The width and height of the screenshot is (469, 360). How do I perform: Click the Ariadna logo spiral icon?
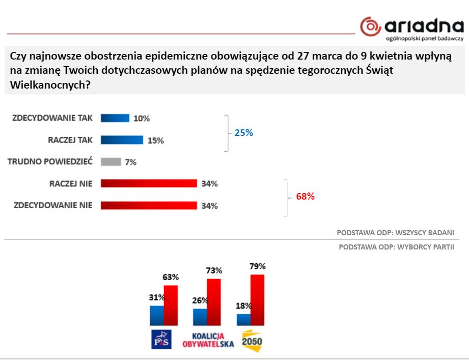pyautogui.click(x=370, y=26)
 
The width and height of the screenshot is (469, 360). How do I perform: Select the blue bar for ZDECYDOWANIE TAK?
pyautogui.click(x=115, y=118)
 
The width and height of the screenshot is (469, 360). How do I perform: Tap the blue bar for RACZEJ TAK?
pyautogui.click(x=122, y=140)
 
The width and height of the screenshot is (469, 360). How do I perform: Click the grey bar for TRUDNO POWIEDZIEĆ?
pyautogui.click(x=111, y=162)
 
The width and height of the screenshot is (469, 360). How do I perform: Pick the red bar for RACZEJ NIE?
pyautogui.click(x=149, y=183)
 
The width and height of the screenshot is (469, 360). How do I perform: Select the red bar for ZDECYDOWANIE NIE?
pyautogui.click(x=149, y=205)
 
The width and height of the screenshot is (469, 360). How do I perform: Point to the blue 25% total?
pyautogui.click(x=243, y=133)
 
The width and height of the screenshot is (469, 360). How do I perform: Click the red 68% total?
pyautogui.click(x=305, y=196)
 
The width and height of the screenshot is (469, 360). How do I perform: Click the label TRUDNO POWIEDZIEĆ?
pyautogui.click(x=50, y=162)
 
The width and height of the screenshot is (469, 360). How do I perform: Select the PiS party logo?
pyautogui.click(x=162, y=339)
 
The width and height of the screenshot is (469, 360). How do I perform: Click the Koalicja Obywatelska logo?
pyautogui.click(x=208, y=340)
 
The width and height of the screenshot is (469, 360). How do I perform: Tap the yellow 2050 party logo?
pyautogui.click(x=252, y=340)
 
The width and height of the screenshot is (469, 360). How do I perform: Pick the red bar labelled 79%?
pyautogui.click(x=258, y=299)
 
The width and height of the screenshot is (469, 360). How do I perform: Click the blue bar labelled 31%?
pyautogui.click(x=157, y=315)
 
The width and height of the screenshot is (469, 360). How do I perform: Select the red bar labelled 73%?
pyautogui.click(x=214, y=301)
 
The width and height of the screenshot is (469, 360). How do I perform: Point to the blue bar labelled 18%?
pyautogui.click(x=244, y=319)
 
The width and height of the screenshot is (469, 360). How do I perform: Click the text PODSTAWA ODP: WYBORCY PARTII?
pyautogui.click(x=396, y=247)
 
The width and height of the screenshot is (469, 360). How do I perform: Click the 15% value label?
pyautogui.click(x=155, y=141)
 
